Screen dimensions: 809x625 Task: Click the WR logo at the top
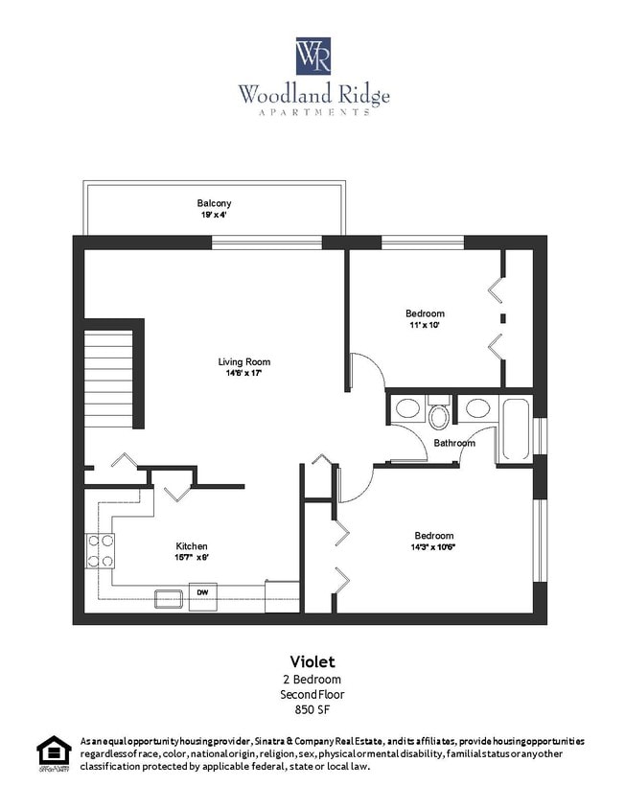pyautogui.click(x=313, y=57)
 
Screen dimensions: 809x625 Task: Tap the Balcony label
pyautogui.click(x=214, y=203)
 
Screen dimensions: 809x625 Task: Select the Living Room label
pyautogui.click(x=243, y=361)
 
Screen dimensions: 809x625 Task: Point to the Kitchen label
pyautogui.click(x=191, y=546)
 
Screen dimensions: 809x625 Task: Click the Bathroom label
pyautogui.click(x=453, y=443)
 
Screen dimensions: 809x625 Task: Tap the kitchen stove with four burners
pyautogui.click(x=101, y=550)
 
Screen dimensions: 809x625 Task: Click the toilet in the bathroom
pyautogui.click(x=439, y=413)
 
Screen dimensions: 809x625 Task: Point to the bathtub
pyautogui.click(x=515, y=430)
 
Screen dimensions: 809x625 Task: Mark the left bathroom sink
pyautogui.click(x=407, y=409)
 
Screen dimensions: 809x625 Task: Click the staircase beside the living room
pyautogui.click(x=108, y=378)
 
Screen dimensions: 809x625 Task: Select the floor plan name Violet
pyautogui.click(x=312, y=661)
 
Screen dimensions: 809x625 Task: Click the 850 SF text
pyautogui.click(x=312, y=710)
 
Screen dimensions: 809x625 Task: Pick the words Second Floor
pyautogui.click(x=312, y=694)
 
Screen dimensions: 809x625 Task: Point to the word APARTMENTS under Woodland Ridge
pyautogui.click(x=313, y=113)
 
